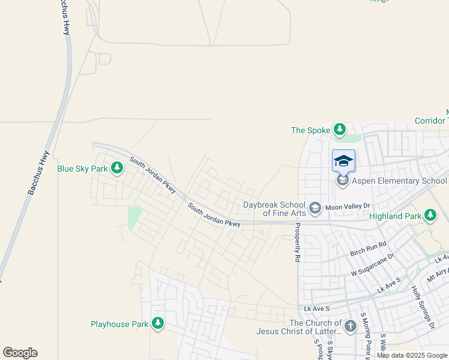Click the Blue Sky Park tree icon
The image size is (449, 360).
coord(117,169)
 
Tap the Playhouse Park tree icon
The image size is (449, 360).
coord(158,324)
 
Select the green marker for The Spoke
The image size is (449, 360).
coord(340,130)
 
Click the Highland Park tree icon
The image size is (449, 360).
coord(430,215)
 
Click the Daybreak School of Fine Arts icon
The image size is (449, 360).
coord(315,209)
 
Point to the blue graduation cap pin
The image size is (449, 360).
coord(343,161)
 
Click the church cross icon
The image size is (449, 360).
coord(350,326)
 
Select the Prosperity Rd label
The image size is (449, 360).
coord(297,243)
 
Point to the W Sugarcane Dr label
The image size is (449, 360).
coord(372,265)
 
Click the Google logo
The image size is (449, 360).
coord(20,353)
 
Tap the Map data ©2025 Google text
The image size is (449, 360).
coord(412,355)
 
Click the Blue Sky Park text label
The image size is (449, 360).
coord(82,169)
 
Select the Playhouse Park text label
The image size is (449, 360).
coord(119,324)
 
